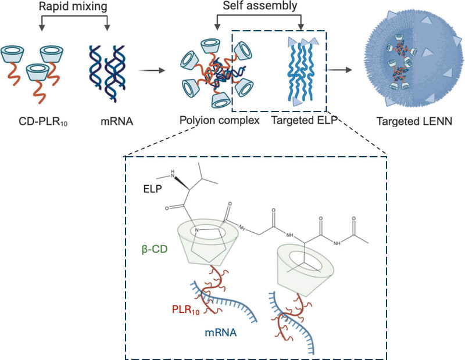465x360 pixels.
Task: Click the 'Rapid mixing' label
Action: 73,8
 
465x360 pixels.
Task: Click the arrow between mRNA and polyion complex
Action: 152,71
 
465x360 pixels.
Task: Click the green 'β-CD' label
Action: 153,251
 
